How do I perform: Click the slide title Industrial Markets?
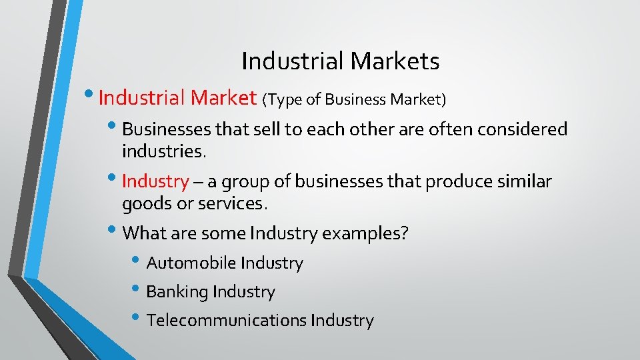pos(340,61)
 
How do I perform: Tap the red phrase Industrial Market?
pos(177,99)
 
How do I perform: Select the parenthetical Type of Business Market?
pos(354,100)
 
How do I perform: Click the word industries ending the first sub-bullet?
pos(164,151)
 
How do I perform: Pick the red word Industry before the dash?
pos(156,181)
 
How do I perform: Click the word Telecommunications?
pos(227,321)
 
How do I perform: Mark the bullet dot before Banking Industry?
pos(137,289)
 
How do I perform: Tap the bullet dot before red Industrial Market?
pos(90,95)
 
